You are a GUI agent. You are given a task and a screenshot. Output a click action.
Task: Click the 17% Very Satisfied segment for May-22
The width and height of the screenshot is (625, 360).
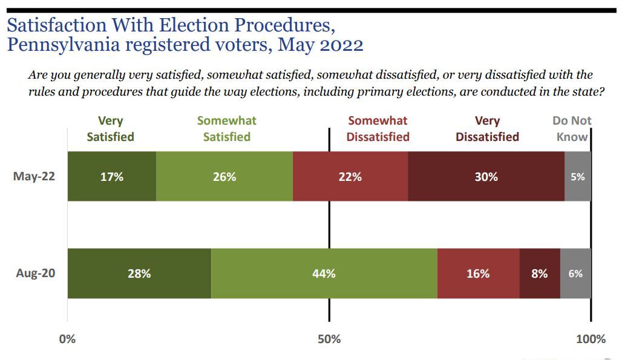112,176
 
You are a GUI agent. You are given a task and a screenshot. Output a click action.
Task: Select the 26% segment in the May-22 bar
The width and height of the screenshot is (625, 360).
224,176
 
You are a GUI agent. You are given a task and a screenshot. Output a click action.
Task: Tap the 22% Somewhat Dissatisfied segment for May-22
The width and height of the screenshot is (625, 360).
350,176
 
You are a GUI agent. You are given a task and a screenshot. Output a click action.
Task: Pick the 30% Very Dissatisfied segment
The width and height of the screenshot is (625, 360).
486,176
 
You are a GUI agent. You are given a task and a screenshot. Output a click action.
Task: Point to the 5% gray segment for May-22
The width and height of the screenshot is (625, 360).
578,176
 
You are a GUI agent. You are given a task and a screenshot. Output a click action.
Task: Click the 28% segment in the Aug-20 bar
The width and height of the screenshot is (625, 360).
139,273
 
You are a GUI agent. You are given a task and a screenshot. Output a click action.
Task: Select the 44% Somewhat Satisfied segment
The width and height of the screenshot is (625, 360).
324,273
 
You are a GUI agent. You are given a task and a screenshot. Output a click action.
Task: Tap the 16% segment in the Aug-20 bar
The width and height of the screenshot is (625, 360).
478,273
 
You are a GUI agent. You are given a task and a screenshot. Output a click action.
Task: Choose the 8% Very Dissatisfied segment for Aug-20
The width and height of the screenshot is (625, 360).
540,273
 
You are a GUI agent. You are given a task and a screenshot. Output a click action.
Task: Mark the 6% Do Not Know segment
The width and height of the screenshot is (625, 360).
575,273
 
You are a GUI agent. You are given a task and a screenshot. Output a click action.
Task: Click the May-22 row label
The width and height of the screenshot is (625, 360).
34,176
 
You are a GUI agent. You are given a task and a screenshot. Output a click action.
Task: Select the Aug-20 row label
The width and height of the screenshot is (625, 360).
35,273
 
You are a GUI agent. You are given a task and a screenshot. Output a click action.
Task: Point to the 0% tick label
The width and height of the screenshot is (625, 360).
67,339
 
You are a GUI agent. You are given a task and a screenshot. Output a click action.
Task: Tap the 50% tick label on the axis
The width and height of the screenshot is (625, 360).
329,339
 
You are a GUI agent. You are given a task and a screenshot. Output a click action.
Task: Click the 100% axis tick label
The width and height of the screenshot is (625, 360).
591,339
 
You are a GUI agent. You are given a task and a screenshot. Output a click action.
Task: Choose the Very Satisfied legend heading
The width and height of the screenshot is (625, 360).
110,128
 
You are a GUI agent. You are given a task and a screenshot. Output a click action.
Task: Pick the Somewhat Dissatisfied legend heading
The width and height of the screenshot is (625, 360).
378,128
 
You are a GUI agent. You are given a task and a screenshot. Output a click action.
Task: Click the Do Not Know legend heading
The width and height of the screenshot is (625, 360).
572,128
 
